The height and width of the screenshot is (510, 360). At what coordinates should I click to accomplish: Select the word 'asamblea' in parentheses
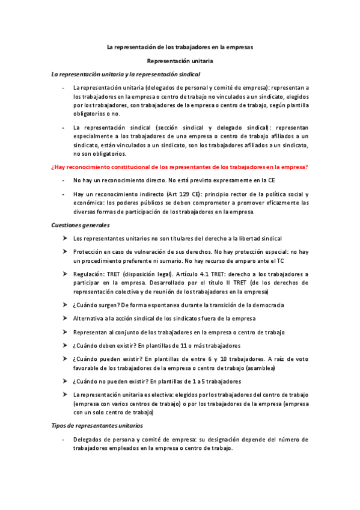262,366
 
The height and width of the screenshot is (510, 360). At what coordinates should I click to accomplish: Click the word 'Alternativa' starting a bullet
89,318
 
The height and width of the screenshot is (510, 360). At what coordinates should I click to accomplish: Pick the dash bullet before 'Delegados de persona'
64,440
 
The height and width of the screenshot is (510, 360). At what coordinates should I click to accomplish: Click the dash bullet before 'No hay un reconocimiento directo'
64,180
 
